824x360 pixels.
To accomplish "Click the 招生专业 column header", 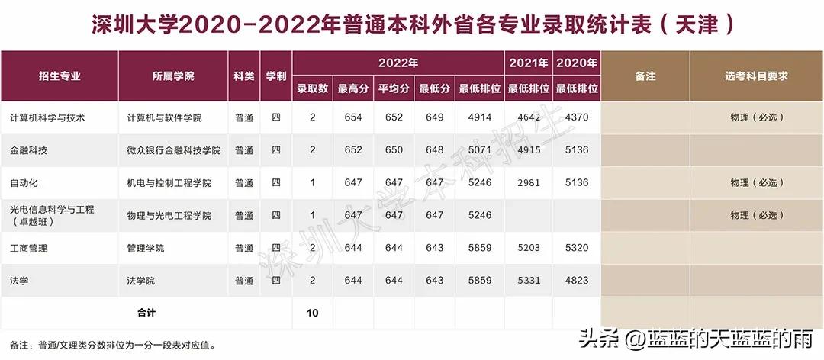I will point(60,76).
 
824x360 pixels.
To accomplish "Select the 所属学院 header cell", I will point(173,76).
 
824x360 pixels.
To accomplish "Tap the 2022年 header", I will point(398,63).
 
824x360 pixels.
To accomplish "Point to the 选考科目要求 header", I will point(756,76).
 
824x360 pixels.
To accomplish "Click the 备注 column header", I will point(645,76).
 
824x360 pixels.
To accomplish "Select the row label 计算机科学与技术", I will point(47,117).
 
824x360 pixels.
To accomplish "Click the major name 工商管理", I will point(28,248).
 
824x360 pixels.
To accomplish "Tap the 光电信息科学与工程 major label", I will point(52,209).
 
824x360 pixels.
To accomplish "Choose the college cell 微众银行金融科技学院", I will point(173,150).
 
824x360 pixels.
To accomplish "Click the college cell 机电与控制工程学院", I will point(169,183).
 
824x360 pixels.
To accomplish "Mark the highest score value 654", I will point(353,117).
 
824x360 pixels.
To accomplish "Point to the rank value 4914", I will point(480,117).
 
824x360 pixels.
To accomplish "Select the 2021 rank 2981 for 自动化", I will point(529,183).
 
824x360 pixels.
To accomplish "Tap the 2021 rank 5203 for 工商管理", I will point(529,248).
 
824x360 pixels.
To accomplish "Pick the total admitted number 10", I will point(313,313).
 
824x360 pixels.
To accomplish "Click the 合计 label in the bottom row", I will point(145,313).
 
